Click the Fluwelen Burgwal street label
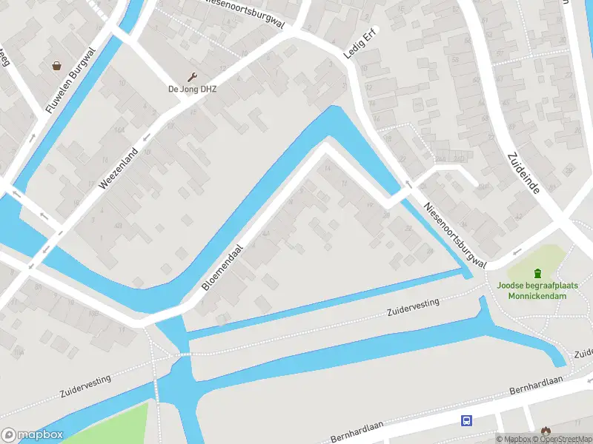click(72, 81)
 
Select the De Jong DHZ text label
click(192, 90)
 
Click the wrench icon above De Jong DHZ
click(193, 77)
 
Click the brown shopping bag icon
click(57, 66)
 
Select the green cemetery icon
click(538, 274)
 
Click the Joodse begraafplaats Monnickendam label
click(537, 290)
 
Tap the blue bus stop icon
click(466, 421)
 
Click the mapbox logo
click(32, 435)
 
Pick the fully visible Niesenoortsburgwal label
click(455, 235)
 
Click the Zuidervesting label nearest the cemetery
click(413, 307)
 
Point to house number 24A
click(441, 158)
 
